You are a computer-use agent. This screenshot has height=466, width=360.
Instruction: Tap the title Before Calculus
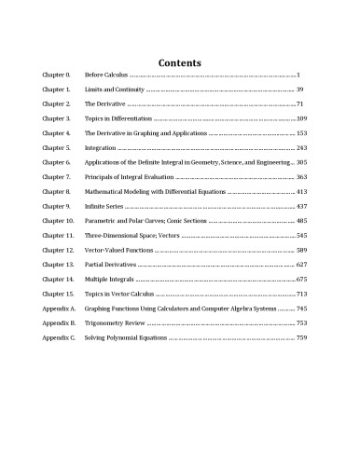click(x=106, y=74)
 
